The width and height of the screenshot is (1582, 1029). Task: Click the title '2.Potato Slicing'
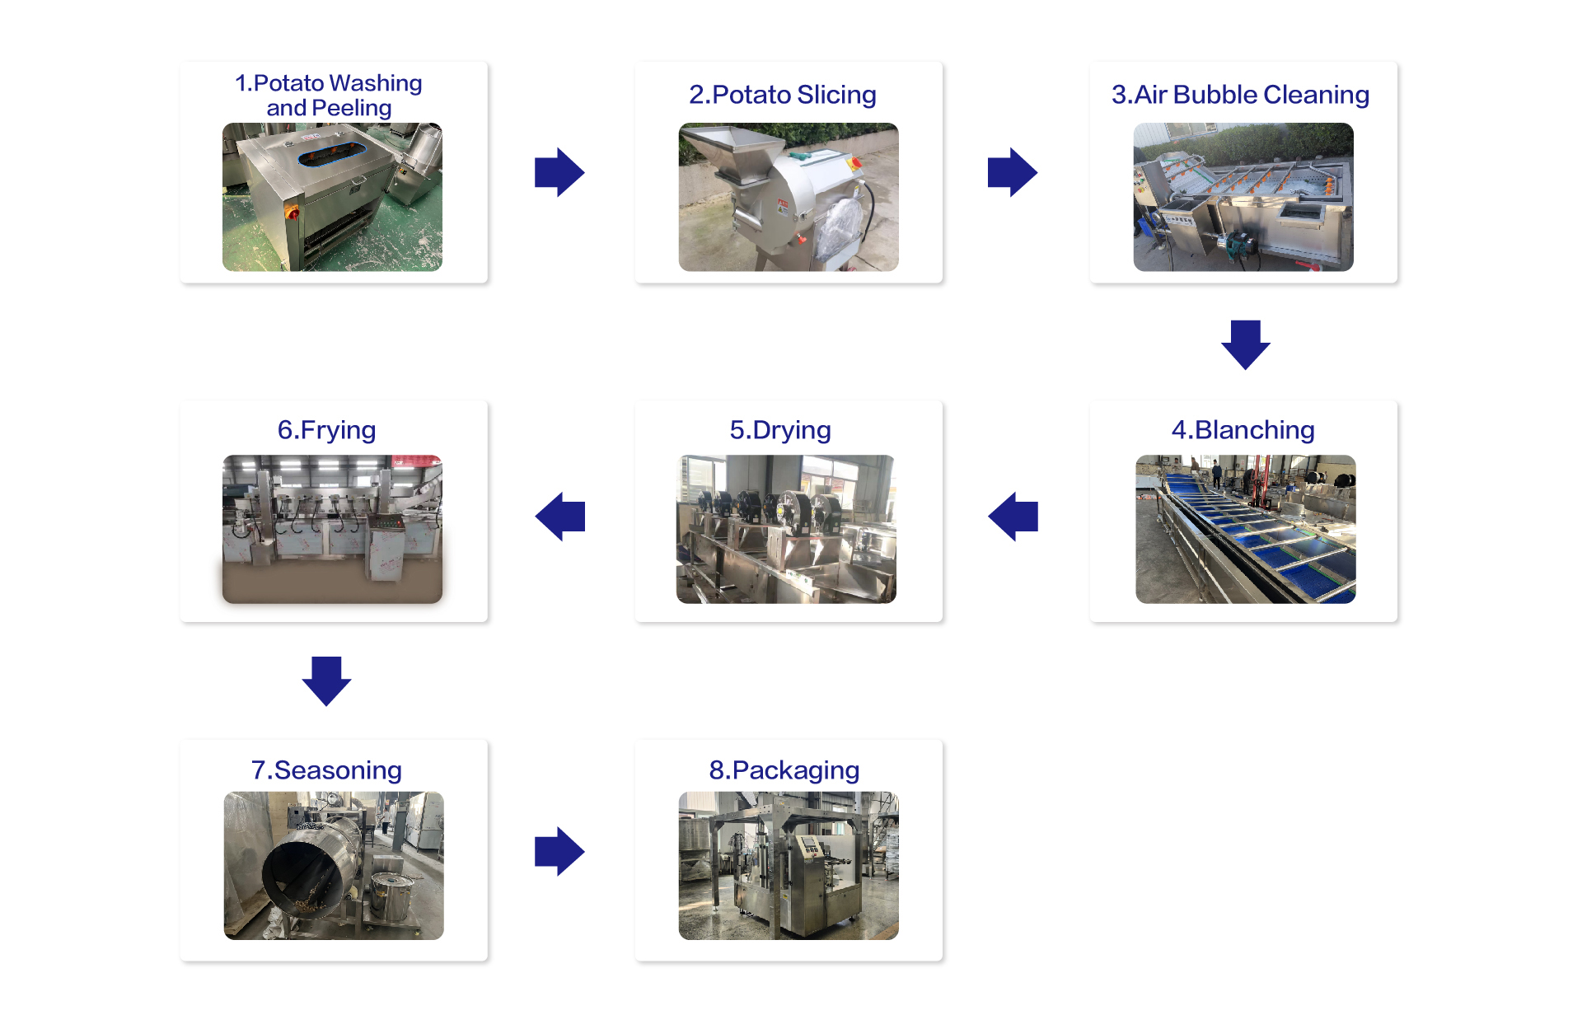tap(782, 95)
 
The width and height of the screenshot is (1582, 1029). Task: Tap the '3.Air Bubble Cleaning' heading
tap(1240, 95)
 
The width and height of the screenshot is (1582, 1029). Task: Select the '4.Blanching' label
tap(1243, 430)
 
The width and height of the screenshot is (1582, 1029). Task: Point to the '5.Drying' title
tap(780, 430)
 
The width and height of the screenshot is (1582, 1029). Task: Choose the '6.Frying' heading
tap(326, 430)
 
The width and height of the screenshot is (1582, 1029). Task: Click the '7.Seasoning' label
tap(326, 770)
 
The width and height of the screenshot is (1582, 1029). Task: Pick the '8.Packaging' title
tap(784, 770)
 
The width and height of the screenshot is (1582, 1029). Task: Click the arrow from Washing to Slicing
tap(559, 172)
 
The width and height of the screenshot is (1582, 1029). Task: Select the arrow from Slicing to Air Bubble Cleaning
tap(1012, 172)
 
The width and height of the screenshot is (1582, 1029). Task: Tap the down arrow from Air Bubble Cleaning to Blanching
tap(1245, 344)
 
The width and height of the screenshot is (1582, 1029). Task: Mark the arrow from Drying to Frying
tap(560, 517)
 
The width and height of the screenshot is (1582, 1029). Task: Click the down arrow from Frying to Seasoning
tap(326, 681)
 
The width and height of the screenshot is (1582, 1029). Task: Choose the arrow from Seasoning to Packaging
tap(559, 851)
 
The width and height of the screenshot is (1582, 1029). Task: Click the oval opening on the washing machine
tap(332, 153)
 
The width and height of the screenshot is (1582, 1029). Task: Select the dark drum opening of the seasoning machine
tap(301, 882)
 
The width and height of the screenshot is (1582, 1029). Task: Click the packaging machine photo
tap(789, 866)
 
